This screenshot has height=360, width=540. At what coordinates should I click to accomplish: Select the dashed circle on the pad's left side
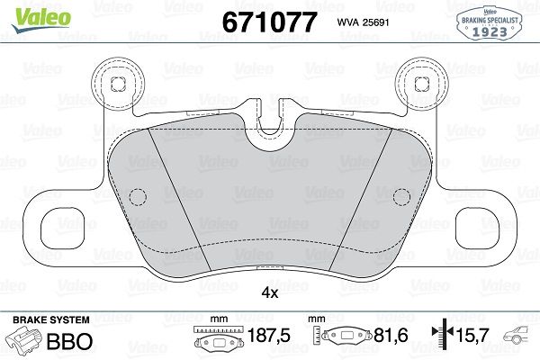(138, 197)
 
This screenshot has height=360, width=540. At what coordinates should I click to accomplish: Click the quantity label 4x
(269, 292)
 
